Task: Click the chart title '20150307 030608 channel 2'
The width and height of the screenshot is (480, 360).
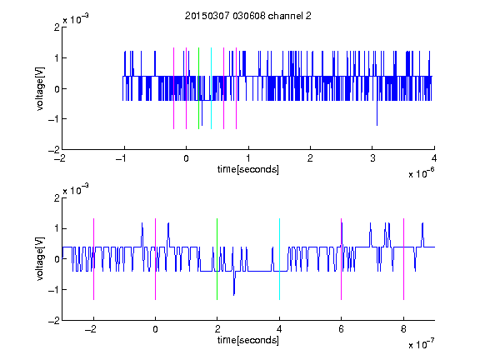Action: tap(248, 16)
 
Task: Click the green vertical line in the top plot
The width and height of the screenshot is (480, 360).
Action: tap(198, 88)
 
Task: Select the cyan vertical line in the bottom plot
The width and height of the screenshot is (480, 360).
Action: tap(279, 259)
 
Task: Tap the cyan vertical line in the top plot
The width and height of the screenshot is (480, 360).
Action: tap(211, 88)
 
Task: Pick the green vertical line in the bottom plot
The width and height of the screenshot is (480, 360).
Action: tap(217, 259)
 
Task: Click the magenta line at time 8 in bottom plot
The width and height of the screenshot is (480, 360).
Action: tap(404, 259)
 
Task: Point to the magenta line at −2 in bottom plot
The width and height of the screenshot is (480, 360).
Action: tap(93, 259)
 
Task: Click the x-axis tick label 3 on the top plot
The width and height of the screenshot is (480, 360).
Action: tap(372, 158)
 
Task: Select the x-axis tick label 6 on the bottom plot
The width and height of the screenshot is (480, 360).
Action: tap(342, 329)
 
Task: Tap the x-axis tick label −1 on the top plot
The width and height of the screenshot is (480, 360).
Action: tap(122, 158)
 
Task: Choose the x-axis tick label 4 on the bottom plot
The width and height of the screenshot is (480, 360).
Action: tap(279, 329)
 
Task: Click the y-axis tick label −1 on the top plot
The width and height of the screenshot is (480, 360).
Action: tap(54, 119)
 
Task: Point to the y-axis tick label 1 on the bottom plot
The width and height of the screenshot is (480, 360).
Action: tap(57, 228)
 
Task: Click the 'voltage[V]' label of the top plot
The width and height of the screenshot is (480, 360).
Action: tap(40, 88)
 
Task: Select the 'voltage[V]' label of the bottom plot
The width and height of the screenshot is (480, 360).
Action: tap(40, 259)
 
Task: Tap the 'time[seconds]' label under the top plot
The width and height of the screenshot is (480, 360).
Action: tap(248, 169)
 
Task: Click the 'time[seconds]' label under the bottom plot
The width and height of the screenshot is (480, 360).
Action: tap(248, 340)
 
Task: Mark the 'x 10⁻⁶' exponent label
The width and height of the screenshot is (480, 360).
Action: tap(422, 173)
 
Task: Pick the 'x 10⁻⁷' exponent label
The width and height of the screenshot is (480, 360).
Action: tap(422, 344)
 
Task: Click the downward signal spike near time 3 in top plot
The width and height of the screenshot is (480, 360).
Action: tap(377, 112)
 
